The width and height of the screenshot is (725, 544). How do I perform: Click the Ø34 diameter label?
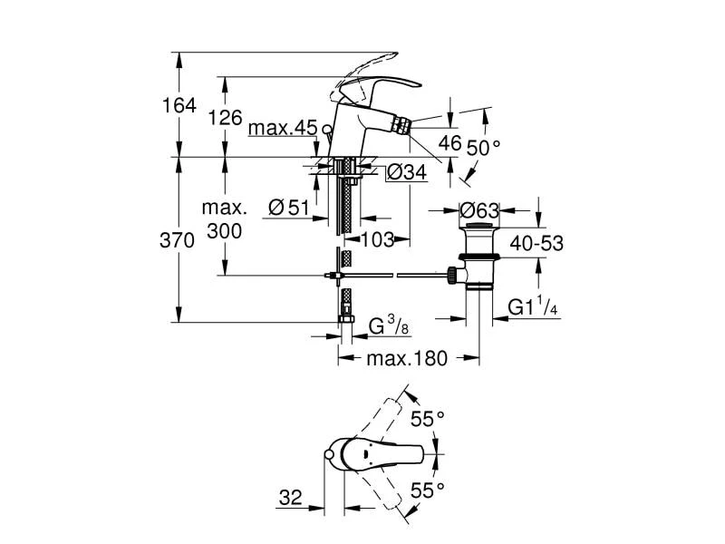[x=407, y=172]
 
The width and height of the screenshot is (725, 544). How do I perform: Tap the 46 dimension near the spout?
[x=450, y=142]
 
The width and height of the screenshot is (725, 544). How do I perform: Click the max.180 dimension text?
[x=407, y=358]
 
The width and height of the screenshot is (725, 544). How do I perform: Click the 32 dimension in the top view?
[x=290, y=498]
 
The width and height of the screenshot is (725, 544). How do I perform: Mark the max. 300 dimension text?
[x=223, y=219]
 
